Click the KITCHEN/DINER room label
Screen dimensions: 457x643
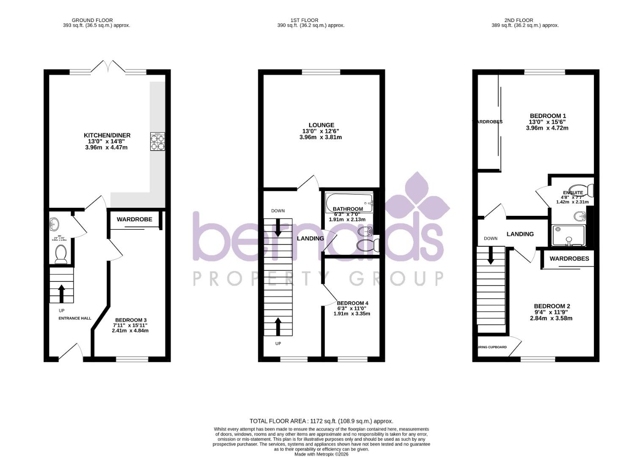(107, 135)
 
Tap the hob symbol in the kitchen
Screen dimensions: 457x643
(157, 141)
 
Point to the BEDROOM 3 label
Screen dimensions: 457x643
(131, 320)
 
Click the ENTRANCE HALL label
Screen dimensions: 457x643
(75, 318)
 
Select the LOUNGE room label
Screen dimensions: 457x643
(321, 125)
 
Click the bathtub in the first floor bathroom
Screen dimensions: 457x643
(349, 203)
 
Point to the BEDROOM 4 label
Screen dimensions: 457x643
(352, 303)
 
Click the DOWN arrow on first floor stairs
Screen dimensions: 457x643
(278, 227)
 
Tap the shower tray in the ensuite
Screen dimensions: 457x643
(568, 235)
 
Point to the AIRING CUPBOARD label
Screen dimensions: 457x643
(492, 347)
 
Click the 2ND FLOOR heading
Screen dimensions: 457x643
(519, 20)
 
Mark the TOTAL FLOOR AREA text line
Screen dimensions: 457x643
(321, 421)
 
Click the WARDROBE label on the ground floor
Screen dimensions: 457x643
(134, 220)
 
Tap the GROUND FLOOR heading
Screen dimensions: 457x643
(92, 20)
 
